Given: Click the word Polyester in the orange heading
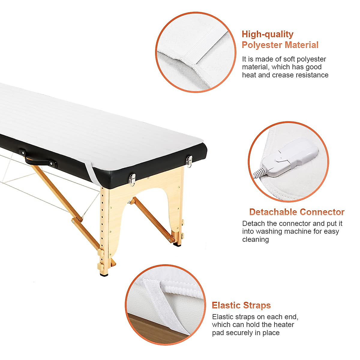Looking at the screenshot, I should (262, 45).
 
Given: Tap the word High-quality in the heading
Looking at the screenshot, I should (268, 34).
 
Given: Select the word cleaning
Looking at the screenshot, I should (255, 239).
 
